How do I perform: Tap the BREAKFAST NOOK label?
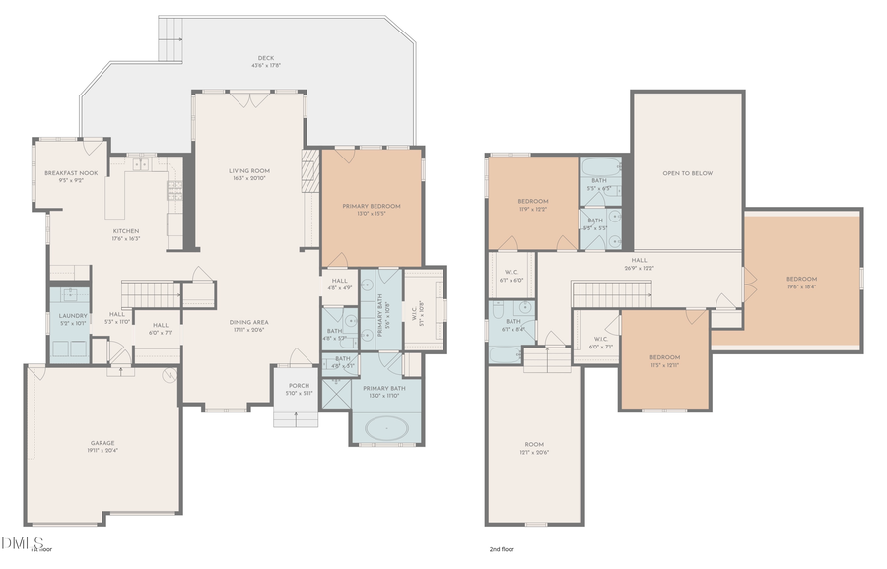(x=68, y=176)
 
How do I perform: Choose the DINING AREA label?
(x=249, y=325)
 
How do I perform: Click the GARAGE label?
(x=102, y=446)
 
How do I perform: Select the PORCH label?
(x=298, y=388)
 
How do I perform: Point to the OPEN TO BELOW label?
(x=687, y=173)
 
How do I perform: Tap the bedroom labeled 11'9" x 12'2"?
(x=532, y=204)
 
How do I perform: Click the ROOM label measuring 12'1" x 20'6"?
(x=533, y=449)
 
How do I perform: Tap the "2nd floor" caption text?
(x=503, y=550)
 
